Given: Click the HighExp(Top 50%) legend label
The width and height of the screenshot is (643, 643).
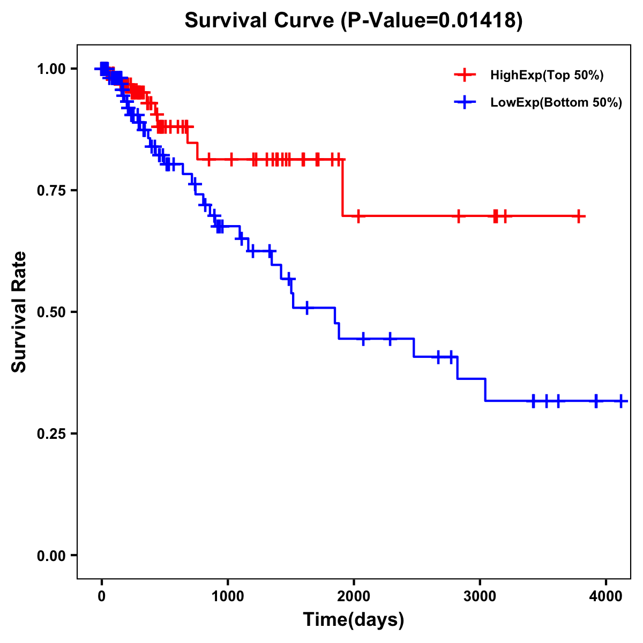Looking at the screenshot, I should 547,75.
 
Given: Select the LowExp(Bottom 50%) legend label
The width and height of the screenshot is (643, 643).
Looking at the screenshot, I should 556,102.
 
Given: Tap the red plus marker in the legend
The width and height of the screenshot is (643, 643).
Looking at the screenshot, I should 465,75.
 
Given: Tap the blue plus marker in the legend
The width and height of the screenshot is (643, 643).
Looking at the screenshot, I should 465,102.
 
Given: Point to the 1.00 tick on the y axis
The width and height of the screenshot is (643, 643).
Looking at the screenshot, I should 51,69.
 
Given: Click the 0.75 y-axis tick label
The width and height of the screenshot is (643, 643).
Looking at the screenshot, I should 51,190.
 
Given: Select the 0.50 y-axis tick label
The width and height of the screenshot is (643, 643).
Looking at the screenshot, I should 51,312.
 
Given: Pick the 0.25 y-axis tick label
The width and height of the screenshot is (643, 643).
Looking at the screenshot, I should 51,433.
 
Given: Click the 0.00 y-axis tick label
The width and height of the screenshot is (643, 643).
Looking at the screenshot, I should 51,556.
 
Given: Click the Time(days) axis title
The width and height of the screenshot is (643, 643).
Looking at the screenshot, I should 354,620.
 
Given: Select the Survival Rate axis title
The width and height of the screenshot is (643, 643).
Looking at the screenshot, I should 19,312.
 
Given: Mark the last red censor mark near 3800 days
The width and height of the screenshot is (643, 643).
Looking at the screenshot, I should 579,216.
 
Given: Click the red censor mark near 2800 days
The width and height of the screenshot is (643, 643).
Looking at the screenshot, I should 459,216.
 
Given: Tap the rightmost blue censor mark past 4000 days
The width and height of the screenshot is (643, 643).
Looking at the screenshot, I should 620,401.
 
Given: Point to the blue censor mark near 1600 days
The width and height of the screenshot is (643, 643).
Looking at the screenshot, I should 306,308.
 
